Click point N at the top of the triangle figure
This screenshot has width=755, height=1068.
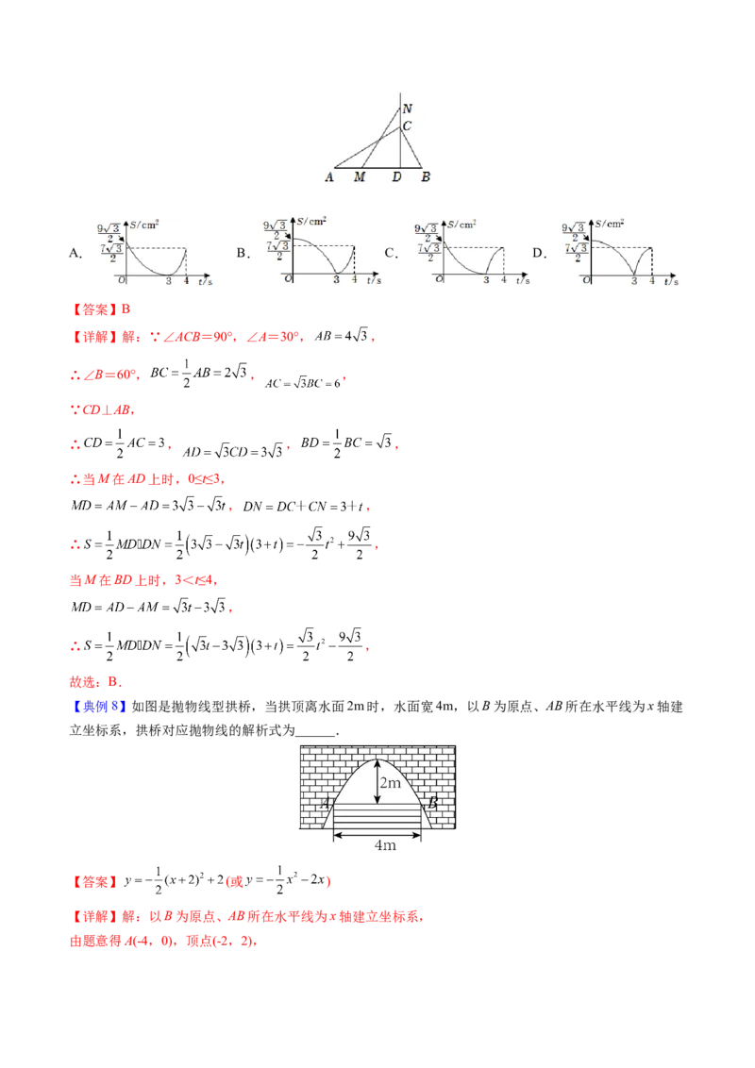(x=407, y=108)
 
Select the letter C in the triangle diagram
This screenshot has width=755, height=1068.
(x=407, y=126)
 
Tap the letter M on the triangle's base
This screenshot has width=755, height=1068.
(x=360, y=176)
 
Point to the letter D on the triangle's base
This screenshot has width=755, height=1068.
(x=396, y=176)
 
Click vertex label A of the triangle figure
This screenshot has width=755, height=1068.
(x=329, y=176)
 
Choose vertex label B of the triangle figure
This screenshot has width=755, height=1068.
(x=426, y=176)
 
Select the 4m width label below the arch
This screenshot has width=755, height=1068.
(x=385, y=845)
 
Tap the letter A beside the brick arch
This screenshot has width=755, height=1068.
(x=325, y=804)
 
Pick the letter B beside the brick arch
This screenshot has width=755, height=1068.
(x=432, y=804)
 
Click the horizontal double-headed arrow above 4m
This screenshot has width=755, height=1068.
(x=378, y=832)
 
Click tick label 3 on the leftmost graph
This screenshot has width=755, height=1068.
(x=168, y=280)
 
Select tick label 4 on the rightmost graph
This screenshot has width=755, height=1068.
(x=652, y=280)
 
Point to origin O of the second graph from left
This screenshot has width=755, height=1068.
(x=287, y=279)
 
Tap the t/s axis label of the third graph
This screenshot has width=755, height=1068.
(x=521, y=280)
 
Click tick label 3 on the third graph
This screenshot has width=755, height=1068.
(x=486, y=280)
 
